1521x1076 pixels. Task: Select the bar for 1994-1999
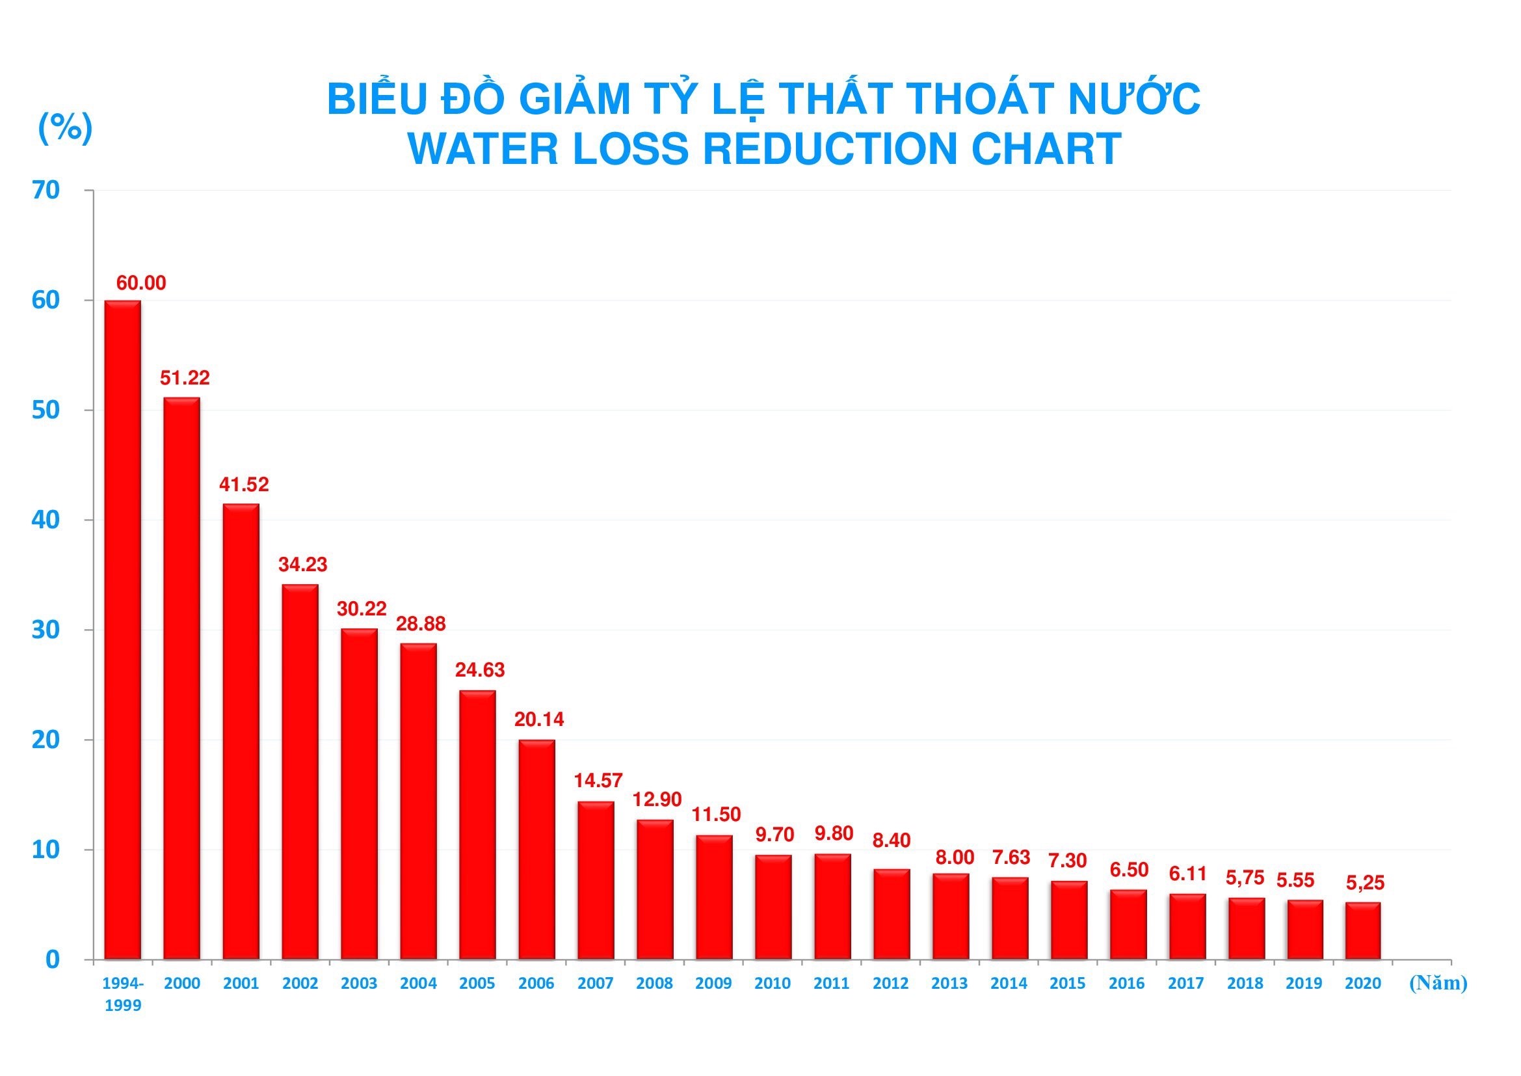click(x=122, y=630)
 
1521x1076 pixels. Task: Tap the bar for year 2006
click(x=536, y=850)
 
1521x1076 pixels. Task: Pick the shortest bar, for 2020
click(x=1363, y=930)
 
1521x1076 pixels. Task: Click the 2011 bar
click(x=832, y=906)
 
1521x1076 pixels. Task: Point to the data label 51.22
click(x=185, y=378)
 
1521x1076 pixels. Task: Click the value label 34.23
click(x=303, y=565)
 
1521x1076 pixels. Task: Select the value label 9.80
click(x=834, y=833)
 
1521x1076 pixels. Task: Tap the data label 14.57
click(x=598, y=781)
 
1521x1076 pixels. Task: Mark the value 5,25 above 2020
click(x=1365, y=883)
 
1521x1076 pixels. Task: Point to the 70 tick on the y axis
click(x=46, y=190)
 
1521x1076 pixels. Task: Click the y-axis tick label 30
click(x=46, y=630)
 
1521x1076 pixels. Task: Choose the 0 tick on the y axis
click(x=52, y=960)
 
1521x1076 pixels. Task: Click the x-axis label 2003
click(x=359, y=983)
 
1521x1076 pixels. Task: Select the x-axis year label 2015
click(x=1067, y=983)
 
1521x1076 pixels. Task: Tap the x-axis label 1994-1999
click(x=123, y=994)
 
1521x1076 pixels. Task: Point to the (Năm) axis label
click(x=1438, y=982)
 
